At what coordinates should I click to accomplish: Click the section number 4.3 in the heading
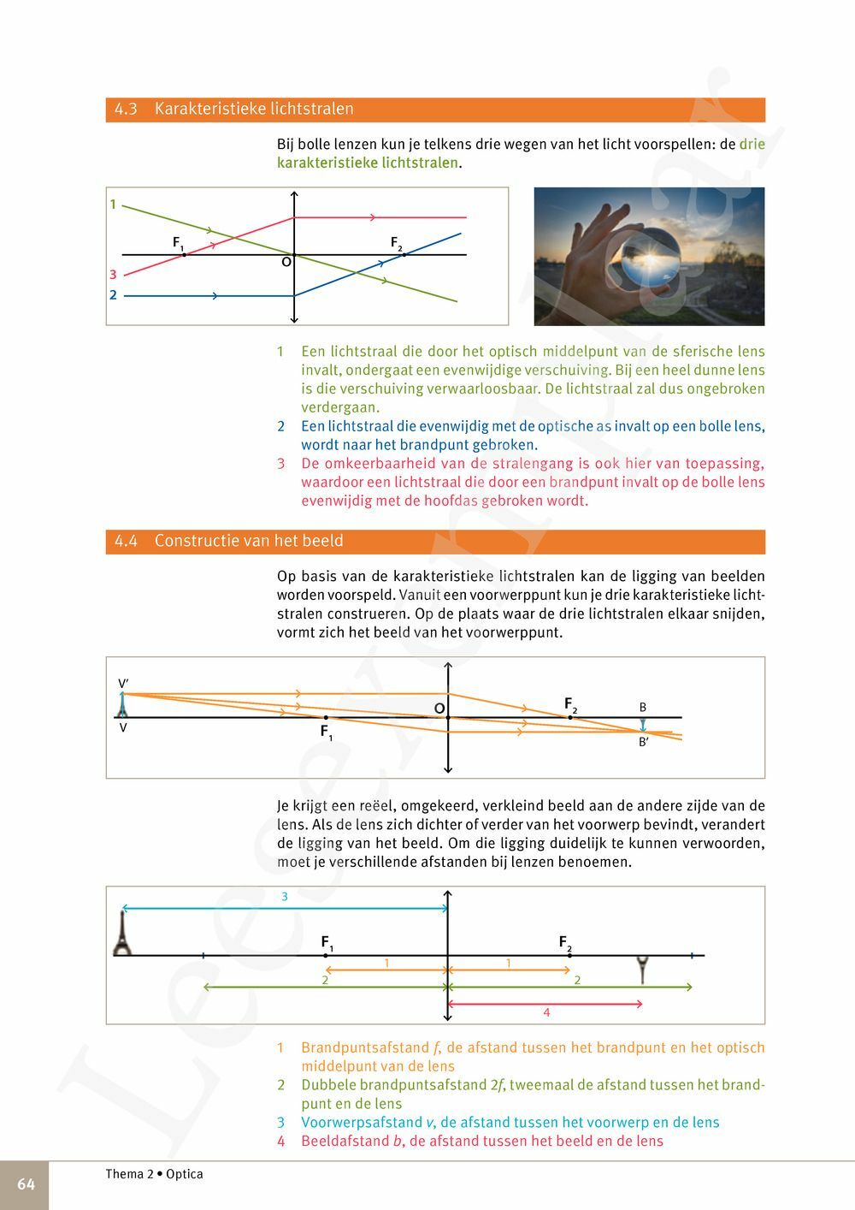coord(126,110)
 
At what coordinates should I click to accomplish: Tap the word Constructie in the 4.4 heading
coord(194,542)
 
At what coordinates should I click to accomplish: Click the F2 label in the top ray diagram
coord(396,244)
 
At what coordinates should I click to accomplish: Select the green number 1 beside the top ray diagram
coord(113,205)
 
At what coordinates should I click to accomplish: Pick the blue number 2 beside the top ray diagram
coord(113,295)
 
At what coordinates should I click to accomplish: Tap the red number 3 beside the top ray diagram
coord(113,275)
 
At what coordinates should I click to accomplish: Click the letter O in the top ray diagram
coord(286,263)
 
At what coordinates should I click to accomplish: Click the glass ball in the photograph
coord(647,265)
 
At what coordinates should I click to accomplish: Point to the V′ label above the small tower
coord(123,684)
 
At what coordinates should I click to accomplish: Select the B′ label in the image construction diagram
coord(643,743)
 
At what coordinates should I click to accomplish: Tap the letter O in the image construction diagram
coord(439,709)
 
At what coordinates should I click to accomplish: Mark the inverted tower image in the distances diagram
coord(643,970)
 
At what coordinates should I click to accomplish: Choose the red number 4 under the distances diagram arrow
coord(546,1013)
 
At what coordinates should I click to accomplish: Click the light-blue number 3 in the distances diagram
coord(285,897)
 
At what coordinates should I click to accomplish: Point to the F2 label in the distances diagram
coord(564,943)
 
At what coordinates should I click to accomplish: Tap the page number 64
coord(26,1184)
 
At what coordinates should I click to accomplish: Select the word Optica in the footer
coord(185,1174)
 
